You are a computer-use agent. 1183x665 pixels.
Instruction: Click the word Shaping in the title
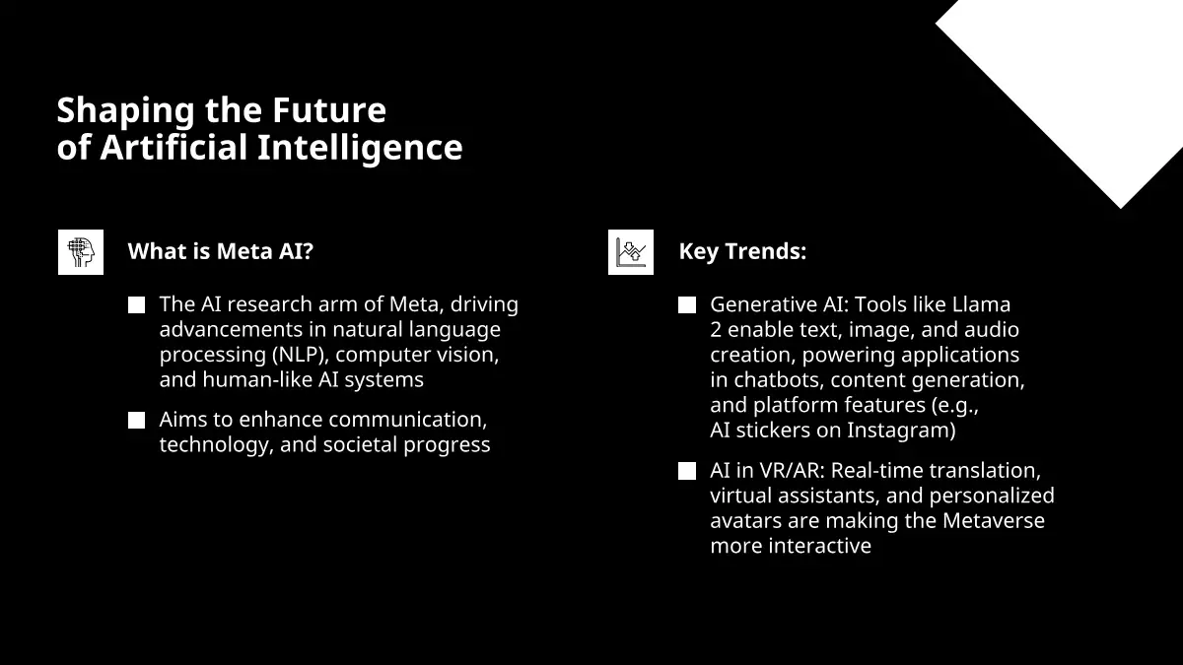[x=126, y=112]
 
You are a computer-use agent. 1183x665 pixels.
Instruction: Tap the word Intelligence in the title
[x=360, y=149]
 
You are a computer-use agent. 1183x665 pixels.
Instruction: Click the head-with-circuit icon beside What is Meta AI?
[x=81, y=252]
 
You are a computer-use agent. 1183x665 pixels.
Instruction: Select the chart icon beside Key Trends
[x=631, y=252]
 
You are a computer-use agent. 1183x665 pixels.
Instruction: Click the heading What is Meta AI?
[x=221, y=251]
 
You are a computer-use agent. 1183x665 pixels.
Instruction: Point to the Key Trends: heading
[x=742, y=252]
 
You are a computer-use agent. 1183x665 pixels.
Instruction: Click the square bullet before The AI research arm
[x=136, y=305]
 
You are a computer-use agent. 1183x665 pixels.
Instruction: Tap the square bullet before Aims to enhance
[x=136, y=420]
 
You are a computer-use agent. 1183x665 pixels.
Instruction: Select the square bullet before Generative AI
[x=686, y=305]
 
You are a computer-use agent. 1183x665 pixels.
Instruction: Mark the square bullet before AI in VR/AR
[x=686, y=471]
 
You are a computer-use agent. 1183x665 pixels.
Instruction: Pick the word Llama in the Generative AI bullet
[x=981, y=304]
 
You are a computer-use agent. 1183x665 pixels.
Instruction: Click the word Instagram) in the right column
[x=901, y=431]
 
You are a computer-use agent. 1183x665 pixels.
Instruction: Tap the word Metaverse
[x=994, y=521]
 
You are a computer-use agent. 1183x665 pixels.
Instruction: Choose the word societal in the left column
[x=360, y=444]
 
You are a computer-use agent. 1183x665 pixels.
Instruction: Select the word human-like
[x=257, y=380]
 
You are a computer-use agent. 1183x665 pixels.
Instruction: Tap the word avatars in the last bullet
[x=745, y=521]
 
